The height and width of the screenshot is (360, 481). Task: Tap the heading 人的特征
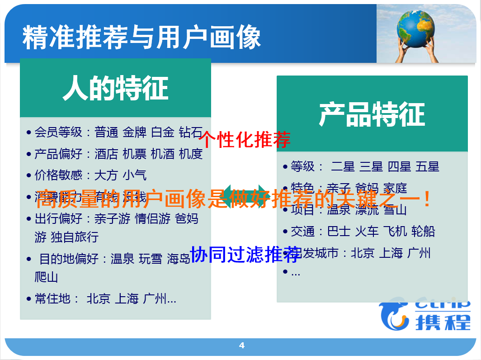click(x=115, y=88)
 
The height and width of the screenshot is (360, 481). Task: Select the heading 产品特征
click(x=372, y=114)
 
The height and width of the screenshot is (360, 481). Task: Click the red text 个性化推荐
click(x=244, y=140)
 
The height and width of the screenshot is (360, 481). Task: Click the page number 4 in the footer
click(x=241, y=346)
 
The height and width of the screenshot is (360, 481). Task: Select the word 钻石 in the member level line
click(x=191, y=132)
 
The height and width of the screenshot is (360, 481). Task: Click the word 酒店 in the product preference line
click(x=106, y=154)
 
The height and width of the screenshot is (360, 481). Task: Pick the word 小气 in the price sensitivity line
click(x=135, y=175)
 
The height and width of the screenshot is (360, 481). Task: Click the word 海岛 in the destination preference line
click(x=179, y=259)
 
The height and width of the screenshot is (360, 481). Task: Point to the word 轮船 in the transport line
click(x=423, y=232)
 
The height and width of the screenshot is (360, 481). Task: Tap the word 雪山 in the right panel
click(x=395, y=210)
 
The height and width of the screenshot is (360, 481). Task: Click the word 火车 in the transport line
click(x=367, y=232)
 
